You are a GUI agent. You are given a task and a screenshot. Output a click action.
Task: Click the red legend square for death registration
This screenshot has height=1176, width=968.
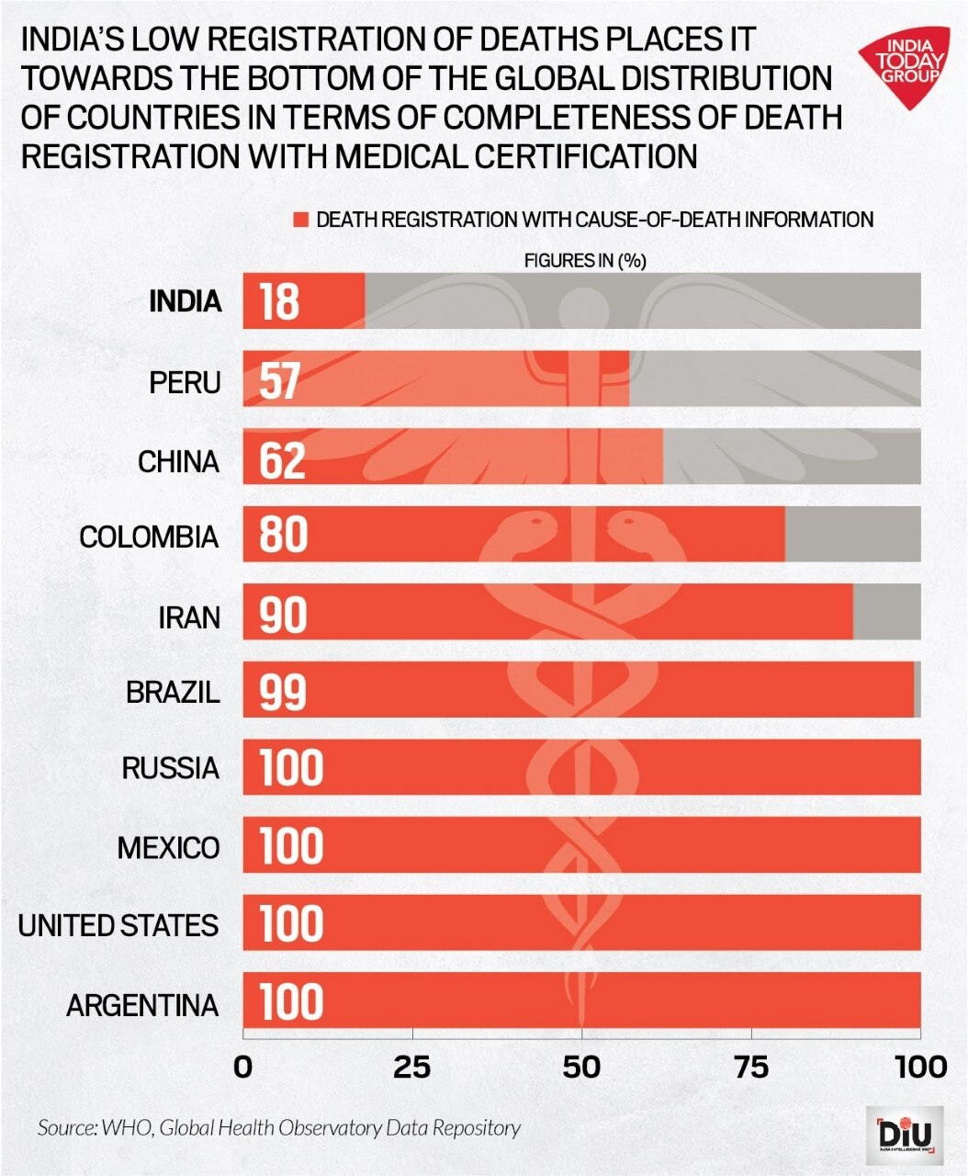click(299, 220)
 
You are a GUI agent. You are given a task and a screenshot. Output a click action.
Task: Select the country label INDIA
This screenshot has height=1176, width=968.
click(186, 301)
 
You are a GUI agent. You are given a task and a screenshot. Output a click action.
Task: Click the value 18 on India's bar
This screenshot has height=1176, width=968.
click(279, 301)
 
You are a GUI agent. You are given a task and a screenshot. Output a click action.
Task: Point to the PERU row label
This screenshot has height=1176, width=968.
click(186, 381)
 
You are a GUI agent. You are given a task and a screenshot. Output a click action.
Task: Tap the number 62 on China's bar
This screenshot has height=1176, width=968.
click(282, 458)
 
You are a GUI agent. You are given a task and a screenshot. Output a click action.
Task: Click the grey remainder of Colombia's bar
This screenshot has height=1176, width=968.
click(852, 534)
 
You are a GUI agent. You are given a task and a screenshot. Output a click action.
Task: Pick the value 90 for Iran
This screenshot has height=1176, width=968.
click(283, 614)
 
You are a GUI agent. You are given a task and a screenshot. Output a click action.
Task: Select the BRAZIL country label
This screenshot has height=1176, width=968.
click(174, 691)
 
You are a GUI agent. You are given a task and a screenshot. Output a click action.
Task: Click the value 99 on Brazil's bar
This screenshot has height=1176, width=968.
click(282, 691)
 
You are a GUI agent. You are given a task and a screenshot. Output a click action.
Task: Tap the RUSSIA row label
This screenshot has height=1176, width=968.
click(171, 768)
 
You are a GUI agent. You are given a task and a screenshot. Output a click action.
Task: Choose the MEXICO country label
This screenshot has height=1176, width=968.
click(169, 847)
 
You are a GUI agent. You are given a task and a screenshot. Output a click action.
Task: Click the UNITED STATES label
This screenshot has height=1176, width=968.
click(118, 925)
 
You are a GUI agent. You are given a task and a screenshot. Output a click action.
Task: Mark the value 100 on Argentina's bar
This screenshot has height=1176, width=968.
click(292, 1002)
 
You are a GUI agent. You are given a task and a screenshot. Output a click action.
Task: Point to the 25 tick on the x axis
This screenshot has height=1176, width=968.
click(412, 1067)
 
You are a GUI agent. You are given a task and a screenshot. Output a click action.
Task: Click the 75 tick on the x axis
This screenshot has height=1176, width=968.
click(751, 1067)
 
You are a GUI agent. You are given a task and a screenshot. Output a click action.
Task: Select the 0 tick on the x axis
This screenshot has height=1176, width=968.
click(243, 1067)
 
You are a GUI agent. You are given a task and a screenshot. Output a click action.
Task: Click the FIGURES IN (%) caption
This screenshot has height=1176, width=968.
click(585, 261)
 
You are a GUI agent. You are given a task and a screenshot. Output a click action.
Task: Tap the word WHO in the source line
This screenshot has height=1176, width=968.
click(122, 1128)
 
